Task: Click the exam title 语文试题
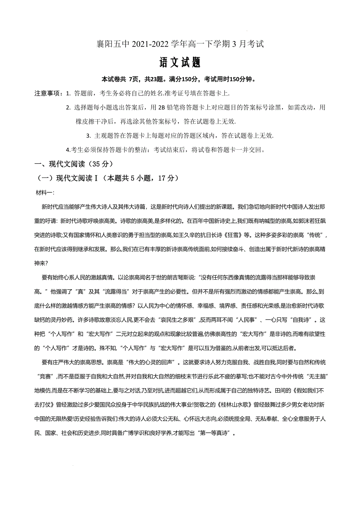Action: (180, 62)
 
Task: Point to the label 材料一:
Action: (45, 193)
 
